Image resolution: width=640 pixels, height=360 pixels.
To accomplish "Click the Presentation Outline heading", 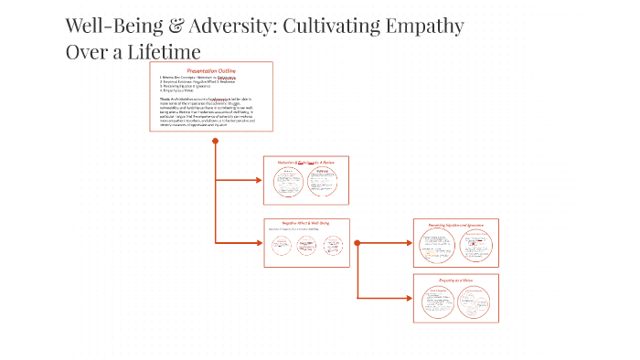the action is point(211,70).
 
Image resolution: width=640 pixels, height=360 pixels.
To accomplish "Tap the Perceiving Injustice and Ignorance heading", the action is point(455,225).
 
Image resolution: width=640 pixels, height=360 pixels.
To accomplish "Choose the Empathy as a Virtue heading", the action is point(455,280).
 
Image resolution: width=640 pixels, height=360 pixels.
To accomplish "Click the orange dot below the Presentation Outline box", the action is point(215,141).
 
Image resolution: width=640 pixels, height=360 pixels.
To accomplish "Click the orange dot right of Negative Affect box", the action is point(357,243).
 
